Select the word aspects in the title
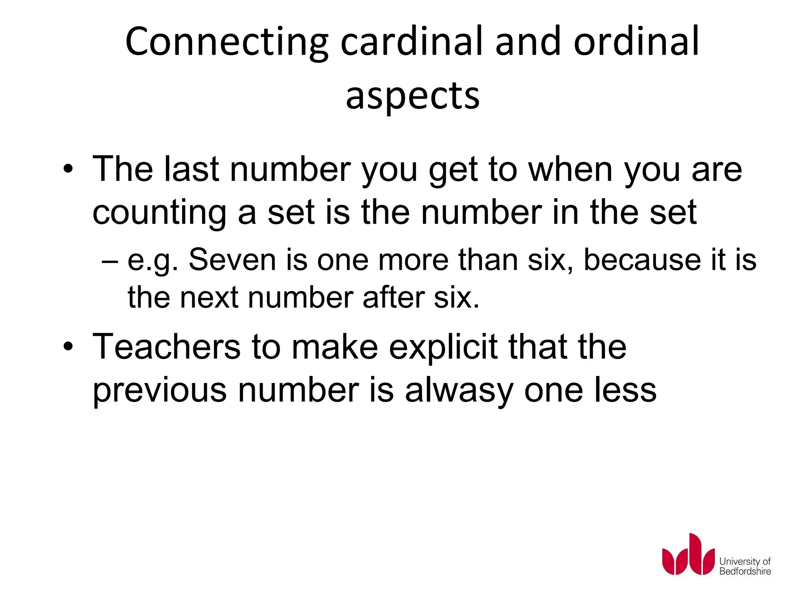tap(413, 96)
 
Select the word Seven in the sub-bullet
tap(232, 260)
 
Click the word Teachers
tap(166, 347)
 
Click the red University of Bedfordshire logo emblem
tap(688, 554)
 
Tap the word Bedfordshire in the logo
tap(745, 571)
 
